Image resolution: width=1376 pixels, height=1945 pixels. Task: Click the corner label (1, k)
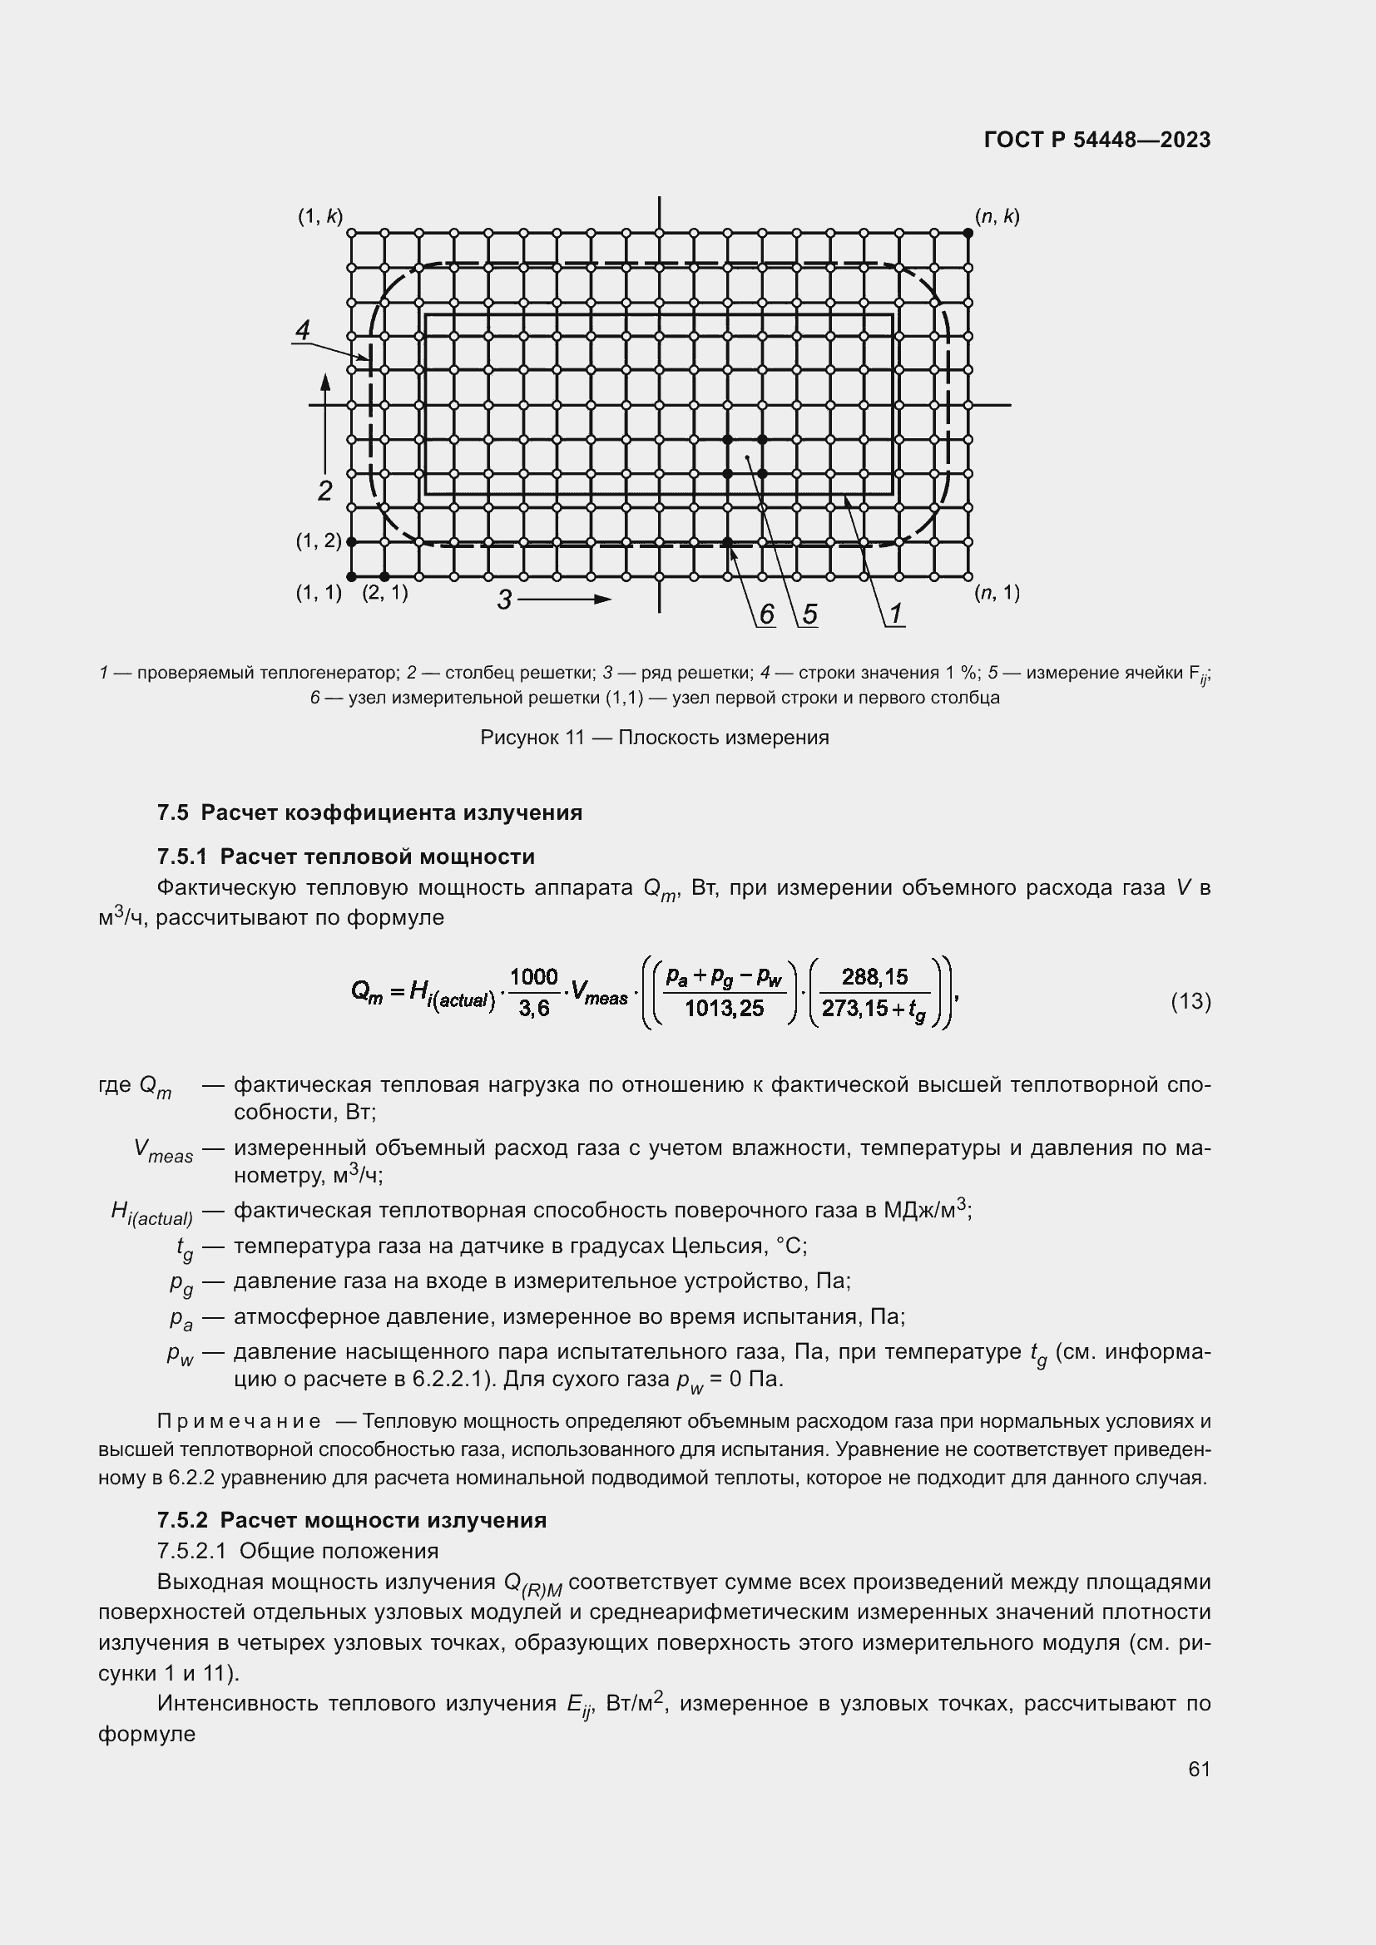pos(319,217)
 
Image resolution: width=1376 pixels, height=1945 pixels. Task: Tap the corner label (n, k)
pos(997,217)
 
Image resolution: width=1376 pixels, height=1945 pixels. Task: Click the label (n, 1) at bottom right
pos(997,593)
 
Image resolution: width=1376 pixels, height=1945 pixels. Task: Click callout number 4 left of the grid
pos(303,330)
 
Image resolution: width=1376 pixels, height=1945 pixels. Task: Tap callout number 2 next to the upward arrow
pos(324,491)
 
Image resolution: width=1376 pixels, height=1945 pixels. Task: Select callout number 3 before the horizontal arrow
pos(504,600)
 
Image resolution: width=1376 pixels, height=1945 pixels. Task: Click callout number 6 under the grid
pos(766,615)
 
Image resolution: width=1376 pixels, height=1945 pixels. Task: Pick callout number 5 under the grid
pos(809,615)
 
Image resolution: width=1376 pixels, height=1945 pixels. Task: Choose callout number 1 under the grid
pos(895,615)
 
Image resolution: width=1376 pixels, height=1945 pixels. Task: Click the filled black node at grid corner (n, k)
pos(968,232)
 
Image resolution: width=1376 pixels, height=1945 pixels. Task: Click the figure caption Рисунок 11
pos(654,738)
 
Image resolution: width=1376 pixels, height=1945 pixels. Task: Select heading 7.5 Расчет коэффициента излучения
pos(369,813)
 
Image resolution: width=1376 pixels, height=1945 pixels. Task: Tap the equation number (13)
pos(1190,1002)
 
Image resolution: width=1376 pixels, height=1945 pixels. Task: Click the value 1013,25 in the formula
pos(725,1009)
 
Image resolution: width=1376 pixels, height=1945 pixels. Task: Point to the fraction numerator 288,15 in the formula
pos(874,978)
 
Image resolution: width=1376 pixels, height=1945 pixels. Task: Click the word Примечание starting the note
pos(239,1421)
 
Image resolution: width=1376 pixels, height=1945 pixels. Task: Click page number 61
pos(1199,1770)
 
